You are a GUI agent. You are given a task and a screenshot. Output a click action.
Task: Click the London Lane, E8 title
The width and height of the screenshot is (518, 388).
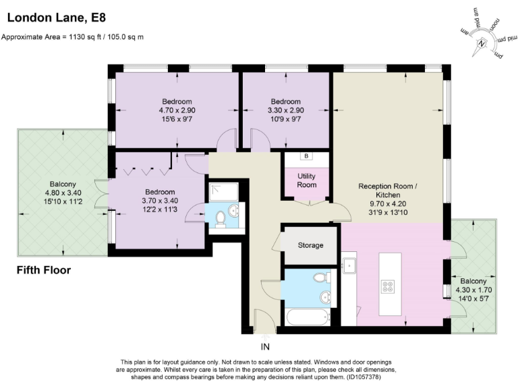[x=57, y=18]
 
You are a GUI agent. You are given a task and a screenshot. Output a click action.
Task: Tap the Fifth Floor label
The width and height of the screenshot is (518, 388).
[x=44, y=270]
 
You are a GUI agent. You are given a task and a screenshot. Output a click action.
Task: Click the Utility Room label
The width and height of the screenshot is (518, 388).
[x=307, y=181]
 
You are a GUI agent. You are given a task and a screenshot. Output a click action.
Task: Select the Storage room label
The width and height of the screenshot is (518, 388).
[x=310, y=245]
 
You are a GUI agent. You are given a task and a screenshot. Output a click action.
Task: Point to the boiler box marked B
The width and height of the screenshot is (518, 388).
[x=306, y=156]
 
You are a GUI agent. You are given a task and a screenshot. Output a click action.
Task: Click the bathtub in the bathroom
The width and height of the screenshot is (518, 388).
[x=308, y=317]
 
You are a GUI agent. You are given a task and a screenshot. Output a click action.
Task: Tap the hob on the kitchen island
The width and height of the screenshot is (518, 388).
[x=388, y=286]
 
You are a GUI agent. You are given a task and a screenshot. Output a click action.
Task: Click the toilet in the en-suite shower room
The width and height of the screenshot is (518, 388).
[x=220, y=220]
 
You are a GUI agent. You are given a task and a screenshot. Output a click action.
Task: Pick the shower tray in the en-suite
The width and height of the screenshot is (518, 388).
[x=224, y=193]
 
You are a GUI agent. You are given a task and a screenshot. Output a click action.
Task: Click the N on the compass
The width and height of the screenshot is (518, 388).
[x=482, y=44]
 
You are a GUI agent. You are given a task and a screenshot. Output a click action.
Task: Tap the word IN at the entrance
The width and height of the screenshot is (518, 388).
[x=265, y=347]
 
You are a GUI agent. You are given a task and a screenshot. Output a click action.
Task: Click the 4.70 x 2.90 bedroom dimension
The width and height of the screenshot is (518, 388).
[x=177, y=110]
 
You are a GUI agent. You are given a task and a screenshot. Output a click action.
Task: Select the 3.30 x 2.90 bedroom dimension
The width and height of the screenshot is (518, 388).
[x=286, y=110]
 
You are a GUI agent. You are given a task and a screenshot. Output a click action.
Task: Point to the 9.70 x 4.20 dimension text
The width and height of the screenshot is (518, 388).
[x=388, y=203]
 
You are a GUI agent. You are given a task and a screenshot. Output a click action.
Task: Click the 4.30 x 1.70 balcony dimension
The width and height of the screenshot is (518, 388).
[x=473, y=290]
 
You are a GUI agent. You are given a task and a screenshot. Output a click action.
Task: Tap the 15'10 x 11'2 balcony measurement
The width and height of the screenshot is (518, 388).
[x=63, y=201]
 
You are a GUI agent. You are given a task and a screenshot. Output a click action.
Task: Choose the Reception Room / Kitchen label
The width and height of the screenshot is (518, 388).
[x=388, y=191]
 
